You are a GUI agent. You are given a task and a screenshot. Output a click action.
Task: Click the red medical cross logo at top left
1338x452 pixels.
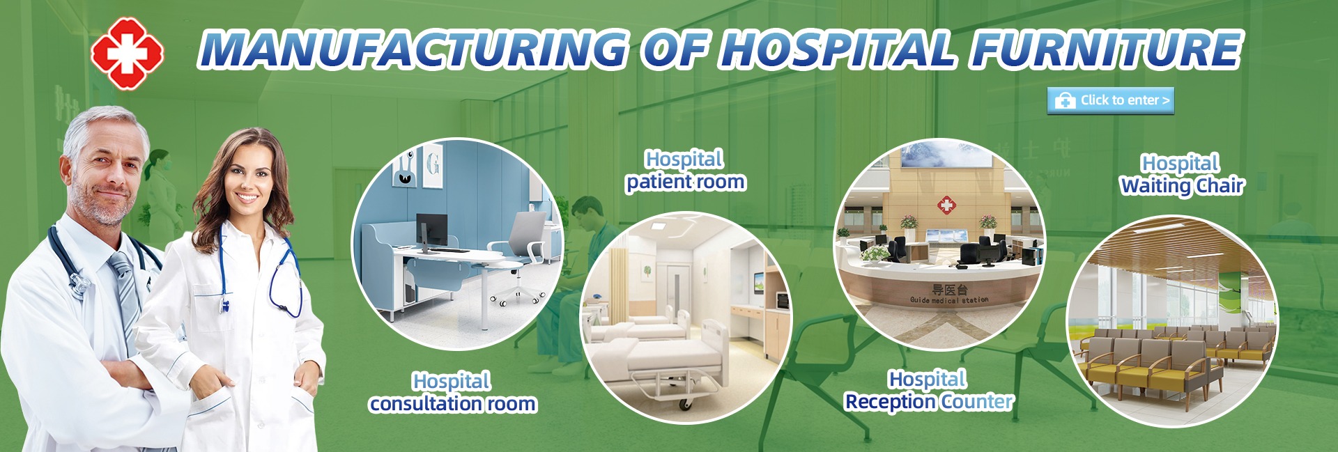coord(127,53)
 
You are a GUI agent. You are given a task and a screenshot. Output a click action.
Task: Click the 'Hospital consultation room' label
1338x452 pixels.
coord(453,392)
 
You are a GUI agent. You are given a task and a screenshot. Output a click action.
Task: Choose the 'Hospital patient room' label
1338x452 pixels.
coord(686,171)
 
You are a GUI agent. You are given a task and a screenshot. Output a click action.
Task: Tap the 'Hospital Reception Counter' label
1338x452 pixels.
coord(929,391)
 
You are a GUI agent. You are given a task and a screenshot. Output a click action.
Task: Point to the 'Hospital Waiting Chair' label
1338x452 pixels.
coord(1182,174)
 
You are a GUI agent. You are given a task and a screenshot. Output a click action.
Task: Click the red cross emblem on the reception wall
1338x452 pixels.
coord(946,205)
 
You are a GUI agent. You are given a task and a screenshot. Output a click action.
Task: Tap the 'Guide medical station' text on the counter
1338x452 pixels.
coord(949,299)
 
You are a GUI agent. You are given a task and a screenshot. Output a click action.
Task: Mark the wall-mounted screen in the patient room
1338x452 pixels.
coord(759,281)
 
